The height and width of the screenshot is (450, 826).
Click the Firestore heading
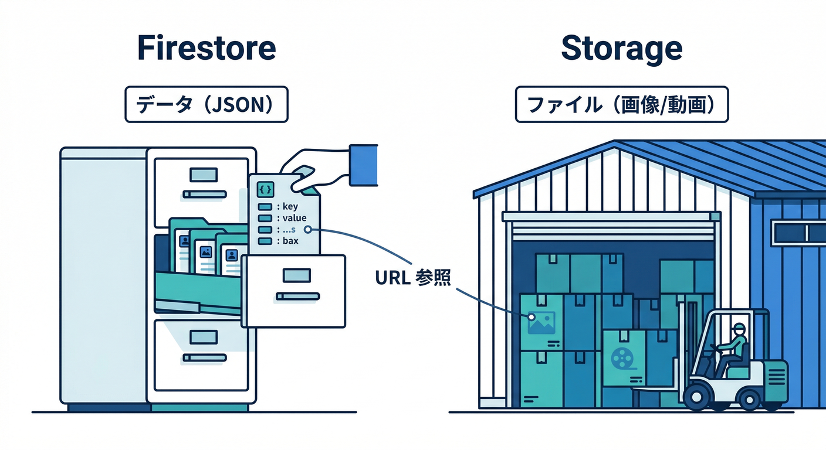(206, 49)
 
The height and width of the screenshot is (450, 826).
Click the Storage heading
(621, 49)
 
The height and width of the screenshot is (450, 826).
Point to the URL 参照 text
(413, 278)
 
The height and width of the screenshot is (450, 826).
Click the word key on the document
(290, 206)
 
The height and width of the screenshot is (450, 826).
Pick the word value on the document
(294, 218)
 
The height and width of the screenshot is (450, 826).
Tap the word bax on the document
(290, 241)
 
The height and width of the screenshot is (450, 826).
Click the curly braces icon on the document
(266, 189)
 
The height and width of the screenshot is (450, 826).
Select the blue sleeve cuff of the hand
(363, 165)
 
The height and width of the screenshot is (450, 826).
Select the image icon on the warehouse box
(541, 323)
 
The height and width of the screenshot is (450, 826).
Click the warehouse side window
(798, 233)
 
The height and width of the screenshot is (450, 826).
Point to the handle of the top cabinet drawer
(204, 194)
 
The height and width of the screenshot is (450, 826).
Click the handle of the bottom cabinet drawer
(204, 357)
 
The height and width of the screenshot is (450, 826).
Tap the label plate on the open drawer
(296, 274)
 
